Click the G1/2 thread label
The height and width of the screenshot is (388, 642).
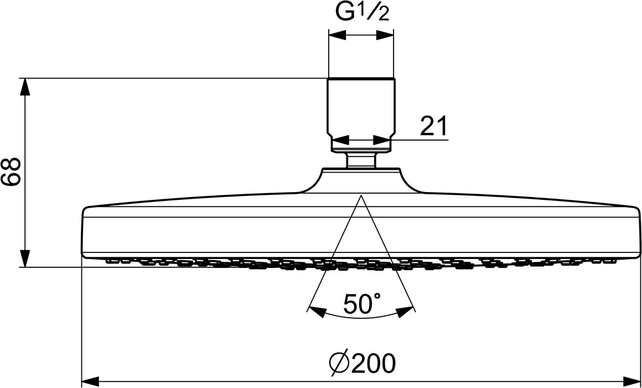[363, 13]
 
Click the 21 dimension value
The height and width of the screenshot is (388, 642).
[433, 126]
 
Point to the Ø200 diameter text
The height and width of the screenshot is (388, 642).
[362, 364]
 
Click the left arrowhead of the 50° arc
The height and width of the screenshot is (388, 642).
[316, 312]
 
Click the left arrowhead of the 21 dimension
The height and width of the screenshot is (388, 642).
[338, 140]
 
